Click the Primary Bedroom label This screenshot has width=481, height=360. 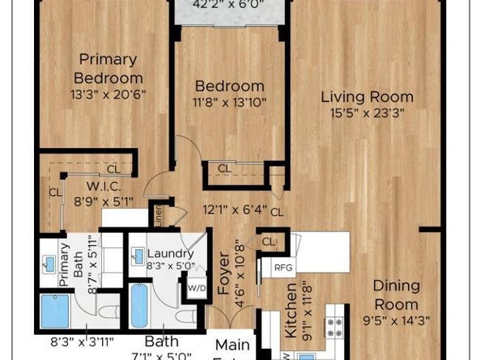[108, 69]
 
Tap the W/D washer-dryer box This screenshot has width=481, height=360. [197, 287]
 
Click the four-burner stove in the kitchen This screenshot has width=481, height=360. [333, 326]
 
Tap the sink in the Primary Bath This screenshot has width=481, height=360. [50, 265]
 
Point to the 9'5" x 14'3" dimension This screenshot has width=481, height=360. [397, 320]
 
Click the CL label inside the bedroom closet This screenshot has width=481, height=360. [223, 169]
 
